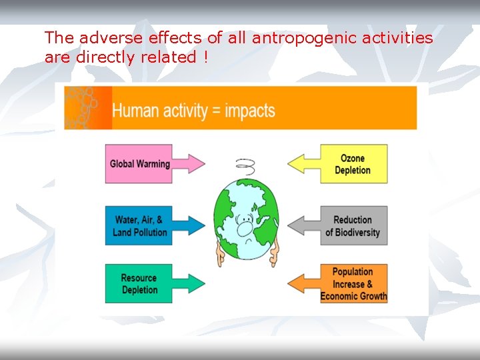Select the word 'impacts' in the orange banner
click(249, 110)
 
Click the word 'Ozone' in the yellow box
click(353, 158)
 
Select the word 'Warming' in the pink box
click(153, 163)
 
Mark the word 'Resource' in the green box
click(139, 278)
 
